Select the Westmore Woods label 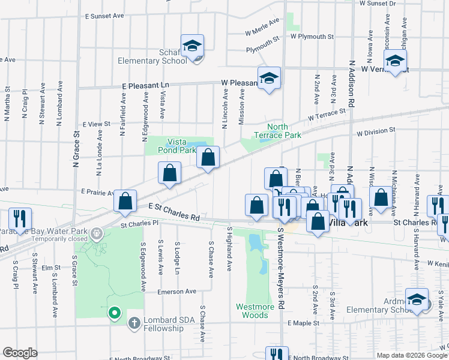point(255,310)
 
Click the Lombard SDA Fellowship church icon point(134,323)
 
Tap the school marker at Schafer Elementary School point(193,46)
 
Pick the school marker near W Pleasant point(270,79)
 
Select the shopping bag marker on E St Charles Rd point(125,202)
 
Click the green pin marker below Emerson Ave point(114,313)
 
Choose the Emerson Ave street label point(177,292)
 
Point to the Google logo point(20,353)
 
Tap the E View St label point(97,124)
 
